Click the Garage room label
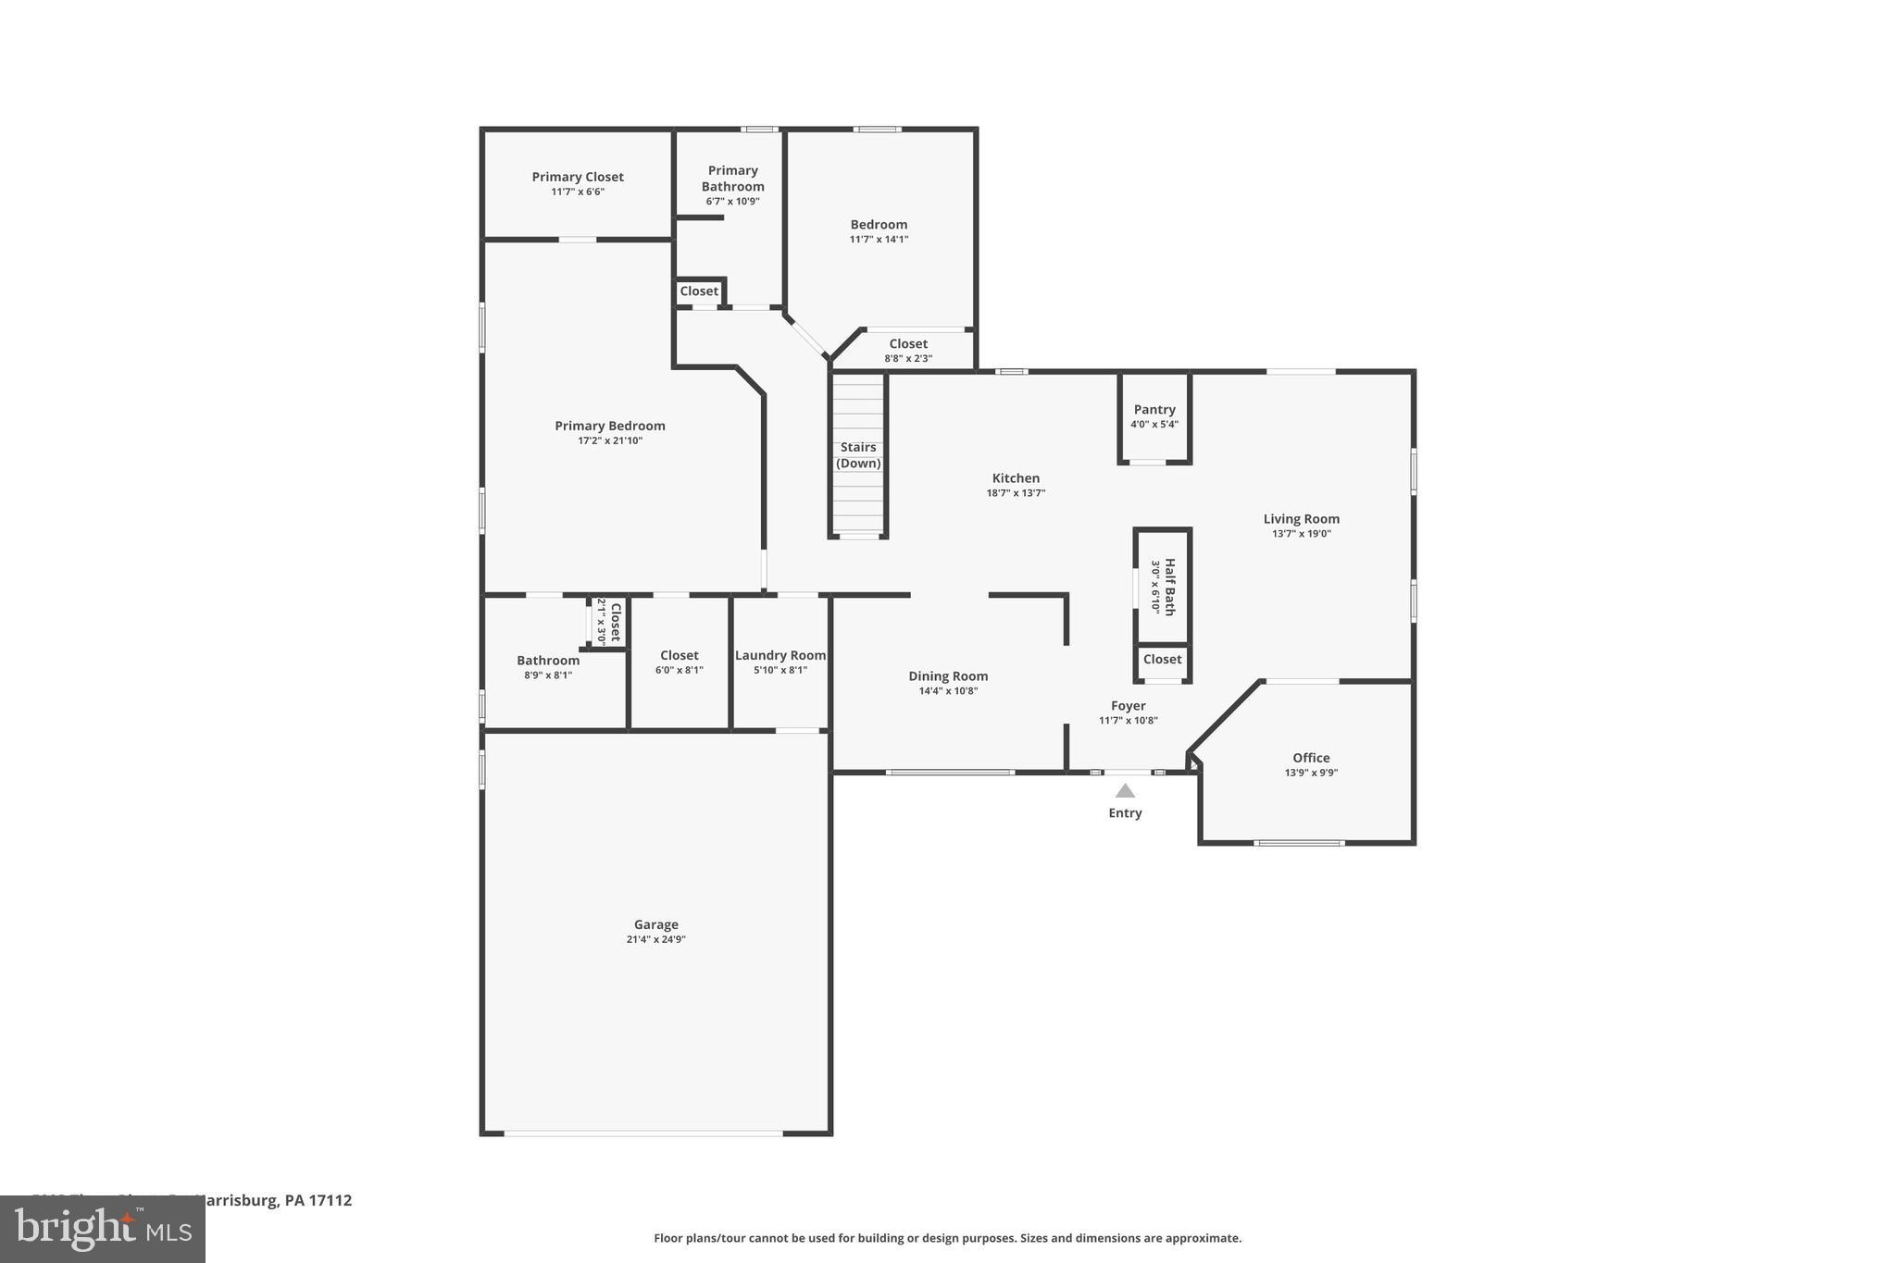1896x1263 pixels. (x=655, y=924)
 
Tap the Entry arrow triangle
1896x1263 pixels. (x=1125, y=791)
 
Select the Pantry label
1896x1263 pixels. (x=1154, y=409)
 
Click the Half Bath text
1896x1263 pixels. (x=1170, y=587)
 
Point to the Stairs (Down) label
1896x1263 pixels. (x=858, y=454)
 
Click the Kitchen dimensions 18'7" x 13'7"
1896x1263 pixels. (x=1016, y=493)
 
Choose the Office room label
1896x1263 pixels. (x=1311, y=758)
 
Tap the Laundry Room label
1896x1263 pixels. (x=780, y=655)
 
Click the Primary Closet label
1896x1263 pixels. (x=578, y=177)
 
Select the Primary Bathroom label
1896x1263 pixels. (x=732, y=178)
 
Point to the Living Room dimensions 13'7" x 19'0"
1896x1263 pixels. (x=1301, y=534)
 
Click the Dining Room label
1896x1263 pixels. (x=948, y=676)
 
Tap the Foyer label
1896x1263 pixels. (x=1128, y=706)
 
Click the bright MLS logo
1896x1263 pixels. (x=103, y=1229)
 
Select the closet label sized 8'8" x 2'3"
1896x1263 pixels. (x=908, y=343)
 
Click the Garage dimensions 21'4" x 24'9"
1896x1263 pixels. (x=655, y=939)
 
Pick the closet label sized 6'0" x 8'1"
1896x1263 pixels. (x=679, y=655)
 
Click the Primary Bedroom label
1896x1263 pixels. (x=609, y=426)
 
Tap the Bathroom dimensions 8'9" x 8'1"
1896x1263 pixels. (x=547, y=675)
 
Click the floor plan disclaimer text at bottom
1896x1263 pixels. (x=947, y=1238)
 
